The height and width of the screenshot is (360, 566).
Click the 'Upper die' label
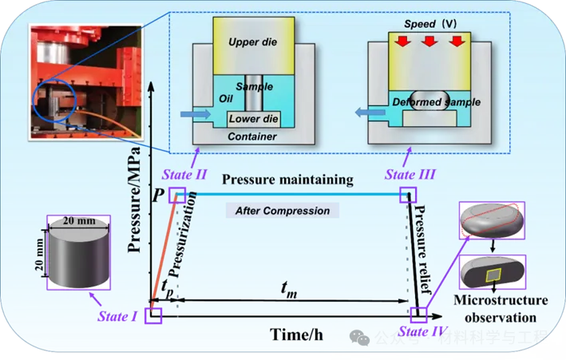pyautogui.click(x=252, y=42)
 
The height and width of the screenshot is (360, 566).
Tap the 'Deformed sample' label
pyautogui.click(x=432, y=102)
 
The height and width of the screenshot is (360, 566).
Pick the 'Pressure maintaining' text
pyautogui.click(x=287, y=180)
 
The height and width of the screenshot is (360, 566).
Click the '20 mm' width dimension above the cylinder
pyautogui.click(x=79, y=220)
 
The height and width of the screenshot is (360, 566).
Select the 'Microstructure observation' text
pyautogui.click(x=500, y=308)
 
